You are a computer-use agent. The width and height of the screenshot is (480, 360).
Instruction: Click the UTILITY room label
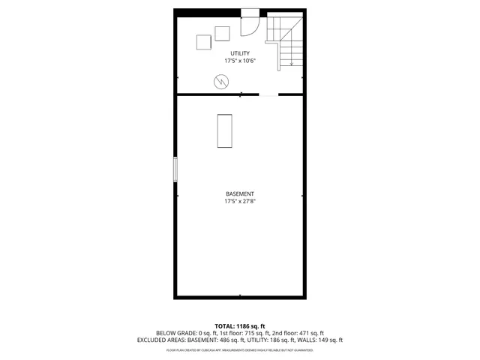point(240,53)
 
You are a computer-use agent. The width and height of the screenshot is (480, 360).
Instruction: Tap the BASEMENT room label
point(240,194)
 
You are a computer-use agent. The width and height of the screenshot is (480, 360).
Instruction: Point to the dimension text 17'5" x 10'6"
point(240,61)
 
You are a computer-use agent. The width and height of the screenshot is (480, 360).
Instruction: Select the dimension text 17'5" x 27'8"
point(240,202)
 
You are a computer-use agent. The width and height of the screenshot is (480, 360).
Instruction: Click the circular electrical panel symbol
point(222,81)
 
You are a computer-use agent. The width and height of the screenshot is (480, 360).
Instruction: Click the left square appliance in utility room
point(204,43)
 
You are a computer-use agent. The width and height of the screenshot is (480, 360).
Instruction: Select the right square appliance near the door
point(222,33)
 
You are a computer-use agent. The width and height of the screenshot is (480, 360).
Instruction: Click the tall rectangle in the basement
point(224,130)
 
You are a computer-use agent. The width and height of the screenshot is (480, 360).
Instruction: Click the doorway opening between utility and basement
point(268,94)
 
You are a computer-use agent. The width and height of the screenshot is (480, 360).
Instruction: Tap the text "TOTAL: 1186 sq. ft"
point(240,326)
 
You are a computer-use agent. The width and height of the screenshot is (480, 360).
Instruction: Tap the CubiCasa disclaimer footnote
point(240,349)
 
